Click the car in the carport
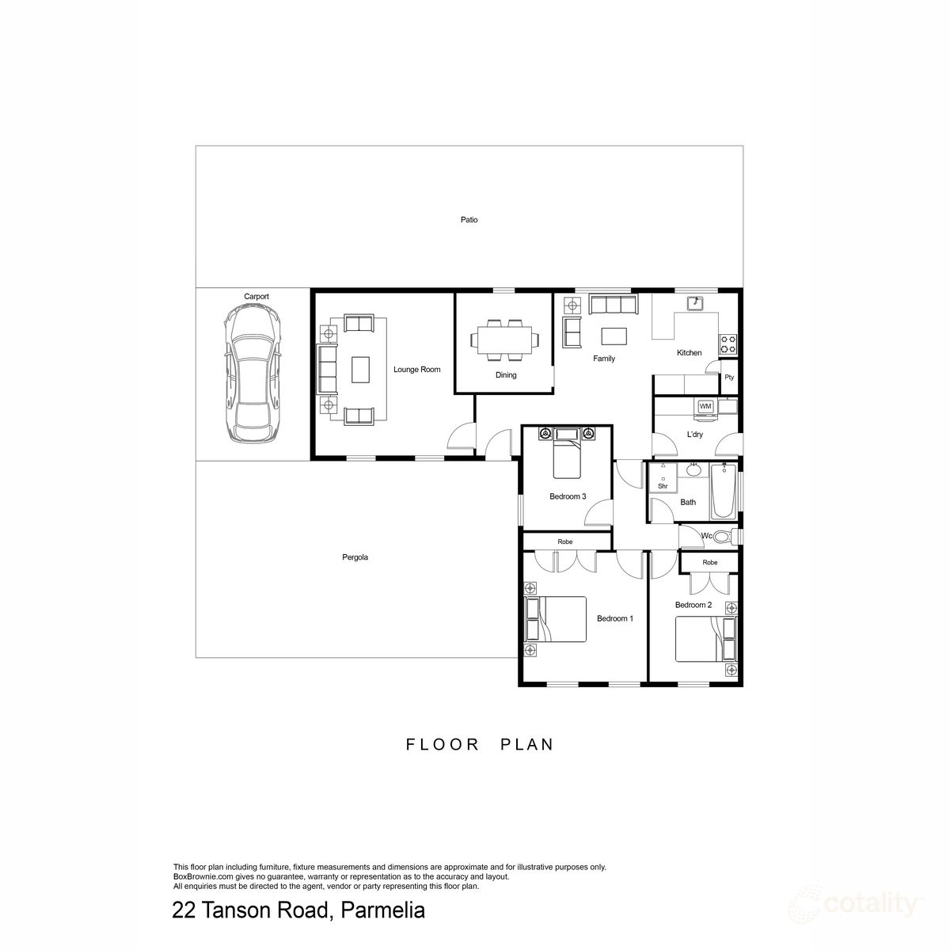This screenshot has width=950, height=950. coord(251,375)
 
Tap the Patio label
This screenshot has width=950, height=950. coord(469,220)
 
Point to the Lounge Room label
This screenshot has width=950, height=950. coord(416,370)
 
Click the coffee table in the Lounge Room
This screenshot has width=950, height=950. coord(360,369)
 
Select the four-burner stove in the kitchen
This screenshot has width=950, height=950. coord(728,344)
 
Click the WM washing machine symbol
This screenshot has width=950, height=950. coord(705,407)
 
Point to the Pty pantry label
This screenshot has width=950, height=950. coord(729,378)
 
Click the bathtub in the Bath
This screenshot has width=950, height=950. coord(722,492)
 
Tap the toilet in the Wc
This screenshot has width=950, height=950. coord(724,537)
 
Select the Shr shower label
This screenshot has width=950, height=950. coord(663,485)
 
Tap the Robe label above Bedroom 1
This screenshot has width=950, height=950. coord(564,542)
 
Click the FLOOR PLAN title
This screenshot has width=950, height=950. coord(480,745)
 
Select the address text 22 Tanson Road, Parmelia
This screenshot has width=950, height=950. coord(298,911)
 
